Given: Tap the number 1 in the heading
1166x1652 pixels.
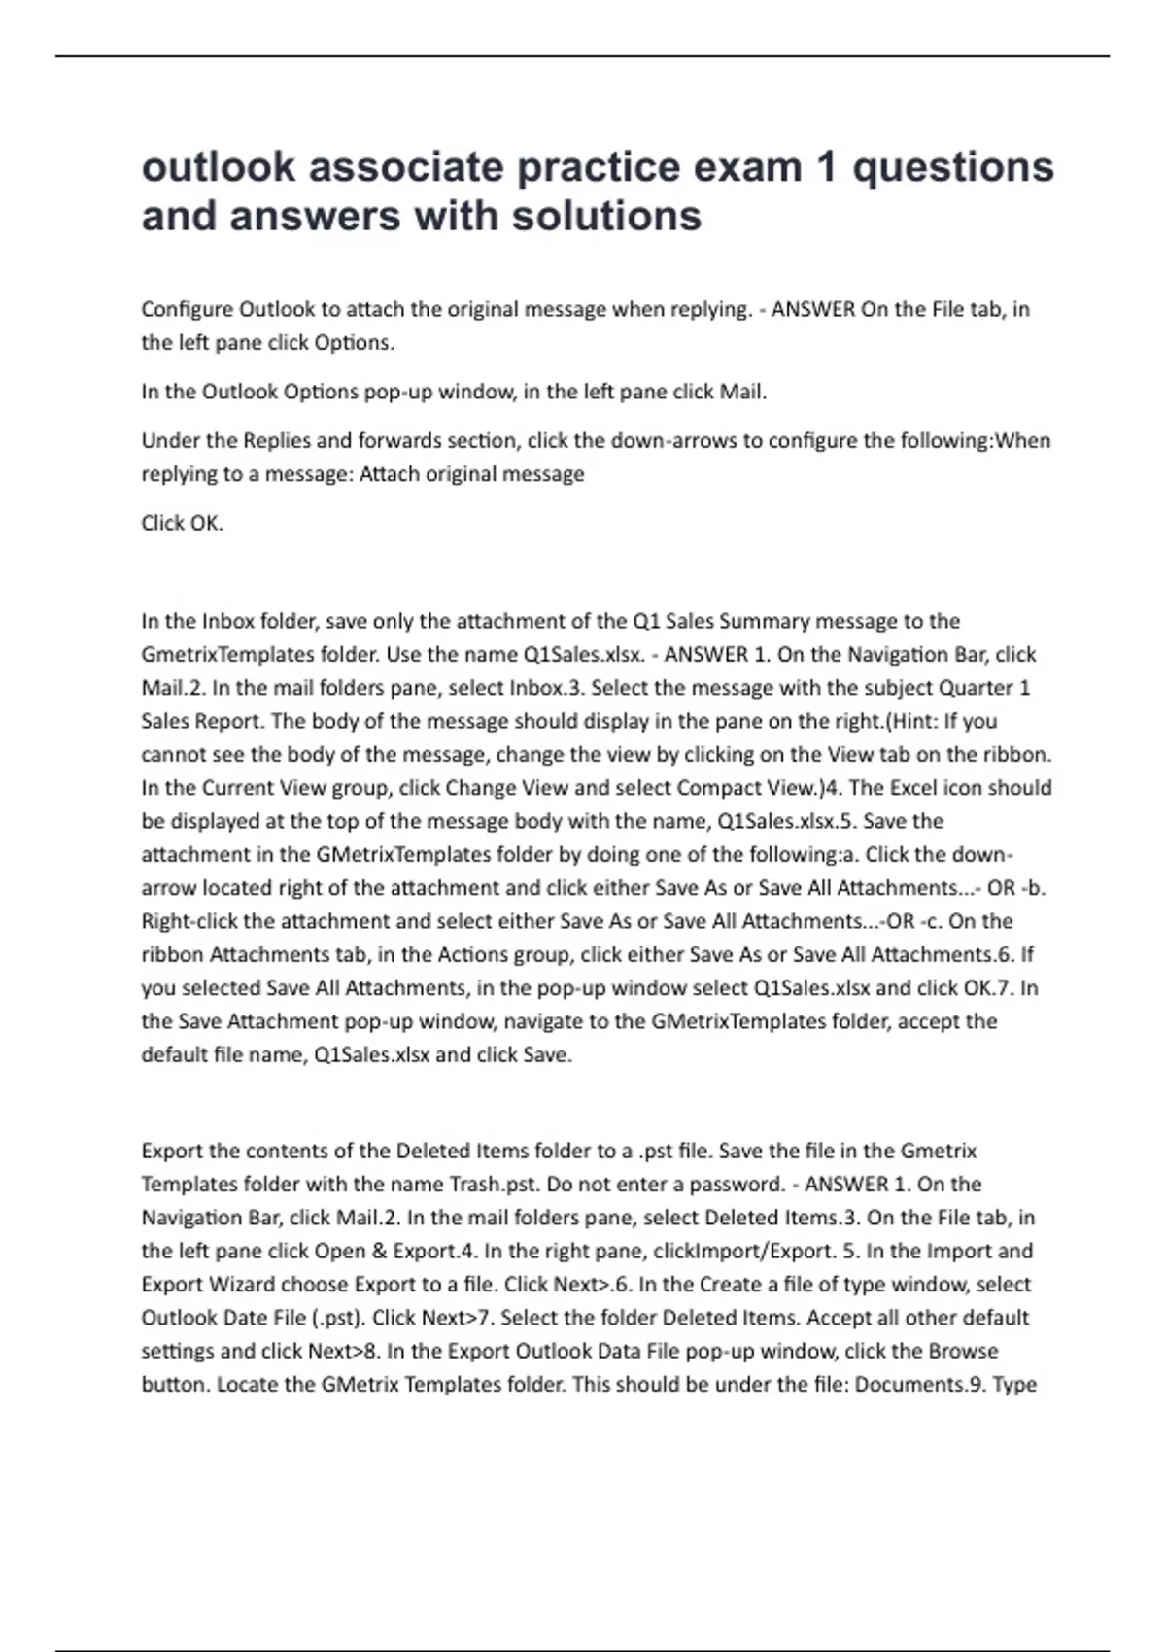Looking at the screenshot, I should pos(827,167).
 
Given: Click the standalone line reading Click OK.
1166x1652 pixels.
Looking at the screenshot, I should pos(183,523).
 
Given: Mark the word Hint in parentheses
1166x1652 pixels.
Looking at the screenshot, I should pos(917,721).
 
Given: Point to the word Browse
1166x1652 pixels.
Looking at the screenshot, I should pos(963,1351).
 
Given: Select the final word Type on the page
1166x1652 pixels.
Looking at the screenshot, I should pos(1013,1384).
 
